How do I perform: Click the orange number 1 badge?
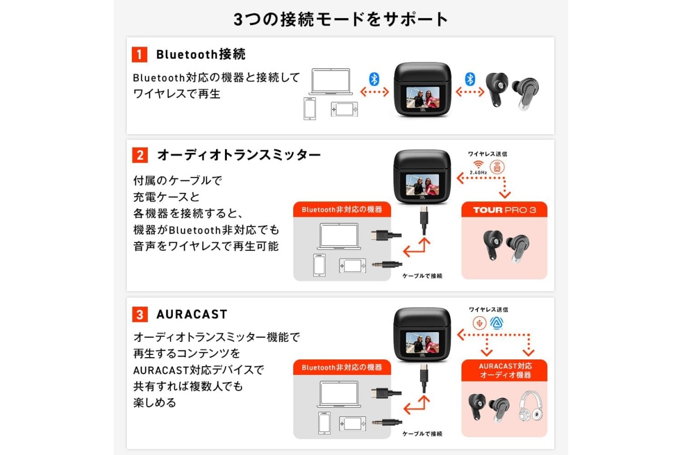[x=139, y=55]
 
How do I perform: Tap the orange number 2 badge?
[x=140, y=155]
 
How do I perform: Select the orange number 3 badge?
[x=140, y=314]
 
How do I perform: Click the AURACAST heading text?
[x=192, y=314]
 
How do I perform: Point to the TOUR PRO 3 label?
[x=505, y=210]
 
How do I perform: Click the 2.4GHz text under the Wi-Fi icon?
[x=479, y=172]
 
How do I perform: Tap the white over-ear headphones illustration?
[x=530, y=406]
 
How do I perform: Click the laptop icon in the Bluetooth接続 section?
[x=331, y=82]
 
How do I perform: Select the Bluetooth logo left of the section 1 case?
[x=374, y=79]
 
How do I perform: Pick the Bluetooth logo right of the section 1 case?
[x=470, y=79]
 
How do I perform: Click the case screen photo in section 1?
[x=423, y=97]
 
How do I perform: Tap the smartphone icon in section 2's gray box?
[x=319, y=265]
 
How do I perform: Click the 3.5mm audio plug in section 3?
[x=387, y=423]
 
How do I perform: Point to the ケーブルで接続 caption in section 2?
[x=422, y=276]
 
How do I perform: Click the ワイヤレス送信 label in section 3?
[x=488, y=309]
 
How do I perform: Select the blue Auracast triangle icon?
[x=497, y=323]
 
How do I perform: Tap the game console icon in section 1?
[x=344, y=109]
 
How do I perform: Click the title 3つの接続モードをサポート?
[x=340, y=19]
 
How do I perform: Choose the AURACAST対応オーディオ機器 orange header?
[x=505, y=370]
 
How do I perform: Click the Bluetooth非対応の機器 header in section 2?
[x=342, y=209]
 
